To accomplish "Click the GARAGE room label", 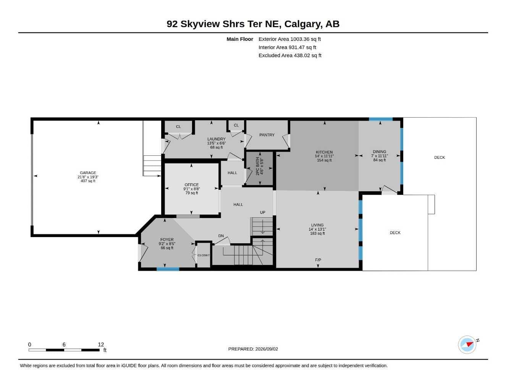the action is click(88, 173).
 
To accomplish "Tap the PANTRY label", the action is click(267, 135).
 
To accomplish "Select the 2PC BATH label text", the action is click(257, 166).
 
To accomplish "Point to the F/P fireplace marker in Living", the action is click(318, 260).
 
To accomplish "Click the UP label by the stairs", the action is click(262, 212).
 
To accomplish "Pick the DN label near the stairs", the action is click(221, 236).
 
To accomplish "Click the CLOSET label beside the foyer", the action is click(204, 255).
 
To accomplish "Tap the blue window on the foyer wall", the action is click(168, 269).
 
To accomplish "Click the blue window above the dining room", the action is click(380, 119).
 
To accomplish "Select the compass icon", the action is click(467, 345).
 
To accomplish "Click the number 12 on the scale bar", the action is click(101, 344).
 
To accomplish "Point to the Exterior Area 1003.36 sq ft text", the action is click(289, 39).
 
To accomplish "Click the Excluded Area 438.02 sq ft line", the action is click(290, 55).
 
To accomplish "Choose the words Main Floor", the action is click(240, 39).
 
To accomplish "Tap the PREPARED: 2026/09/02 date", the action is click(253, 349).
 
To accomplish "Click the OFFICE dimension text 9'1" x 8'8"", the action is click(192, 189).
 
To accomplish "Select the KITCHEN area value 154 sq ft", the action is click(324, 160).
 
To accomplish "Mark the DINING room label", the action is click(379, 152).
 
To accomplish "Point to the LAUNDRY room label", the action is click(216, 139).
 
